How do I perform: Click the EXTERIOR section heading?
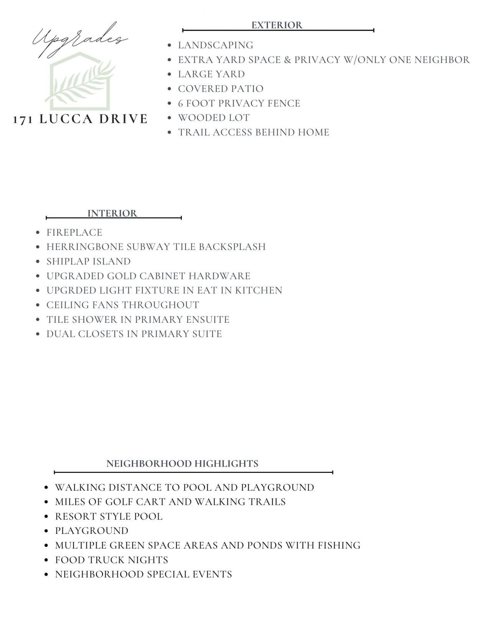click(277, 25)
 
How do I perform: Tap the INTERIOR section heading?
click(112, 213)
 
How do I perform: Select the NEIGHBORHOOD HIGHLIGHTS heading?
click(182, 464)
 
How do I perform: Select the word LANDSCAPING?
click(216, 45)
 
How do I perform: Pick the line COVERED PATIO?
click(221, 89)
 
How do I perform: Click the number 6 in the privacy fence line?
click(181, 104)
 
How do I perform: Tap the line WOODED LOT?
click(214, 118)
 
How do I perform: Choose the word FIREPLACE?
click(74, 233)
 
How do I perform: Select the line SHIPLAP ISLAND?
click(89, 261)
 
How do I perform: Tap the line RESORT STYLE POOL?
click(109, 517)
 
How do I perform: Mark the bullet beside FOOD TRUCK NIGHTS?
click(46, 560)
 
